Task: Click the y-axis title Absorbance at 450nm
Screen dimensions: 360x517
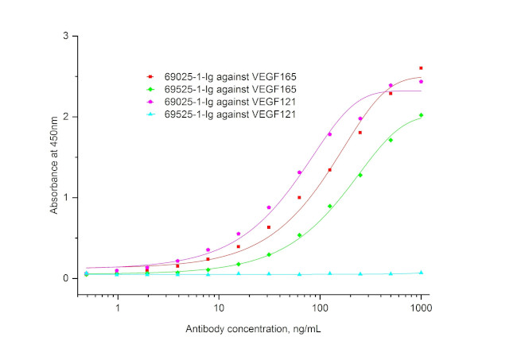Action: [x=54, y=165]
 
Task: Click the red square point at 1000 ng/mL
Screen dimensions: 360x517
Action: [x=421, y=68]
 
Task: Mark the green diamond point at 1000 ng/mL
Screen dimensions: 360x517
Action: [x=421, y=115]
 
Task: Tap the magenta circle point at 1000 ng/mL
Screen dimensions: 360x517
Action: [x=421, y=82]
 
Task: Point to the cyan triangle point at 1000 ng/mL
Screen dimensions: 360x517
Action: [x=421, y=273]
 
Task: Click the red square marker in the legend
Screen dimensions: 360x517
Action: [x=150, y=77]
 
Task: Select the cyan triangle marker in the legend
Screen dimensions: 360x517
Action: [x=150, y=115]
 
